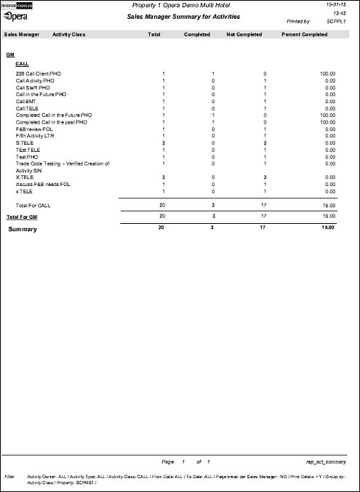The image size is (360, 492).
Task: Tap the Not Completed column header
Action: (244, 34)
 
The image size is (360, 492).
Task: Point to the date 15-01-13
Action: (343, 4)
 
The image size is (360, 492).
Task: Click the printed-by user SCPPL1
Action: (336, 23)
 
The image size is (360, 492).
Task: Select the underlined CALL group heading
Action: (22, 64)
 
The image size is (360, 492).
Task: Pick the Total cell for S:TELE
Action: (164, 143)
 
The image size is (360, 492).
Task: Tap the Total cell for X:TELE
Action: (164, 177)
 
